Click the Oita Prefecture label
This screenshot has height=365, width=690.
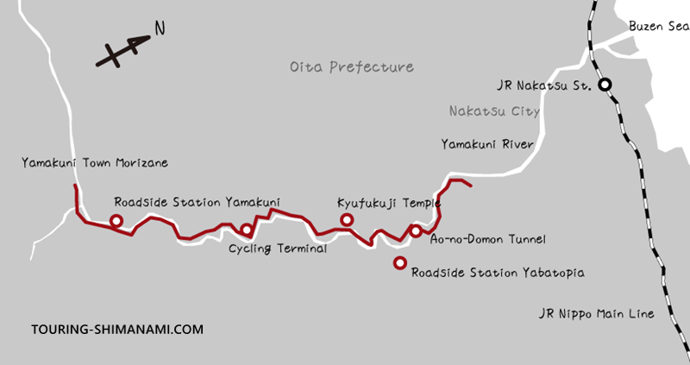pyautogui.click(x=351, y=66)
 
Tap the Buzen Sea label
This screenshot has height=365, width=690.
pyautogui.click(x=658, y=27)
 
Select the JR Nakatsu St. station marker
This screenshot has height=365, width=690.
pyautogui.click(x=606, y=85)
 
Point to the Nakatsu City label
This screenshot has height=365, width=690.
pyautogui.click(x=494, y=111)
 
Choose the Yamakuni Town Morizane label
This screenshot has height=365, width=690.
pyautogui.click(x=95, y=162)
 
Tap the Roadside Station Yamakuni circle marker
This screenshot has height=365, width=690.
pyautogui.click(x=116, y=221)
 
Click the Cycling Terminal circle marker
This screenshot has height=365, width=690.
pyautogui.click(x=247, y=230)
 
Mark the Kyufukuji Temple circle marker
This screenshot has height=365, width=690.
pyautogui.click(x=347, y=220)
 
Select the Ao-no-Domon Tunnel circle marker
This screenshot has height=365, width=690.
pyautogui.click(x=416, y=230)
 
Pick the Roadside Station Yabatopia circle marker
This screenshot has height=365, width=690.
pyautogui.click(x=399, y=262)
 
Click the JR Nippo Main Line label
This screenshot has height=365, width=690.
pyautogui.click(x=594, y=313)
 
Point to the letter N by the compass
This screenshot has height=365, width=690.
pyautogui.click(x=159, y=28)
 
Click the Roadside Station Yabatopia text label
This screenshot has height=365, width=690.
pyautogui.click(x=498, y=273)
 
